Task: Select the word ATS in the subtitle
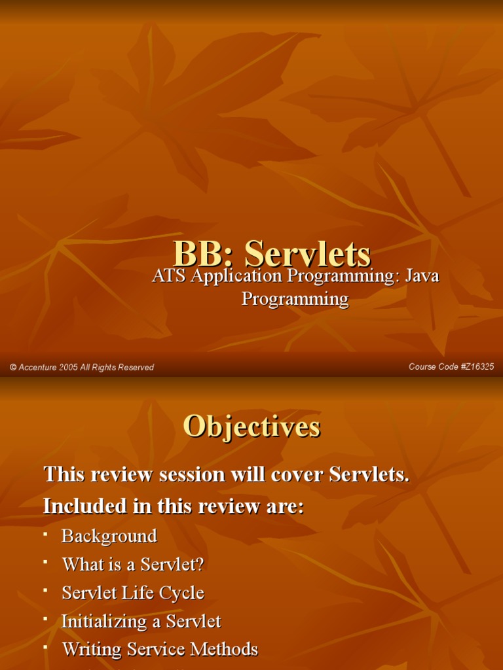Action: [169, 276]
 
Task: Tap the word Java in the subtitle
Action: [422, 276]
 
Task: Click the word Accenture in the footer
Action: [37, 368]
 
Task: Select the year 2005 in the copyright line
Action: [68, 368]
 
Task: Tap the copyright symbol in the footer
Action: [12, 368]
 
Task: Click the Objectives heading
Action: [251, 427]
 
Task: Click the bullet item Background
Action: [109, 536]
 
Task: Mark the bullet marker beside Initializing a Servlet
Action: [45, 619]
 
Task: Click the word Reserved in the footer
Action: [138, 368]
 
